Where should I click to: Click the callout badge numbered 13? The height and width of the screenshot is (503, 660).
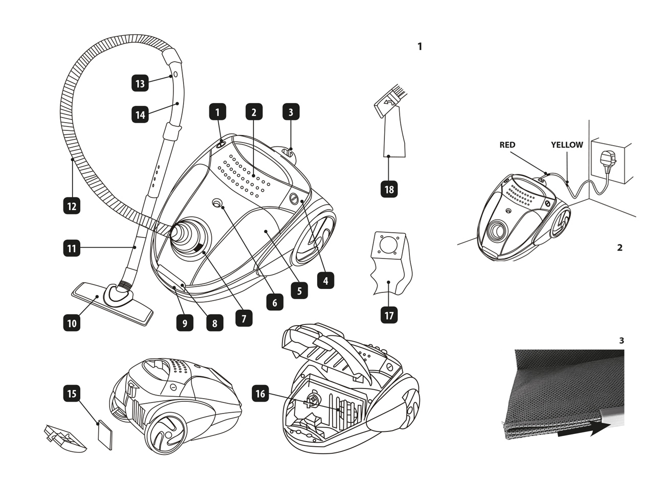click(140, 83)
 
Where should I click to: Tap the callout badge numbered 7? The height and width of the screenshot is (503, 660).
click(244, 318)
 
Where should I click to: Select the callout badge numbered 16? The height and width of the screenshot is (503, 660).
click(260, 393)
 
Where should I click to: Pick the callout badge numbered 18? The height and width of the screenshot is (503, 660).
click(389, 189)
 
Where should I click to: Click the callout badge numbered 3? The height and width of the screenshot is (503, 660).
click(291, 111)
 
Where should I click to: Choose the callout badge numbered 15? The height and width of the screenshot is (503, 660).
click(72, 393)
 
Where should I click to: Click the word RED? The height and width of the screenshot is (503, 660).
click(507, 145)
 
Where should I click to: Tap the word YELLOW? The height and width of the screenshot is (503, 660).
click(567, 145)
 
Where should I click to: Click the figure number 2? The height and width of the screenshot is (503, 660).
click(620, 247)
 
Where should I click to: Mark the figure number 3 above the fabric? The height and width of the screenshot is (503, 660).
click(622, 340)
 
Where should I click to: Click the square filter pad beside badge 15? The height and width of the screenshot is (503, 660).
click(105, 435)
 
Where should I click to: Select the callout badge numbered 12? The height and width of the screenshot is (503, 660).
click(72, 206)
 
